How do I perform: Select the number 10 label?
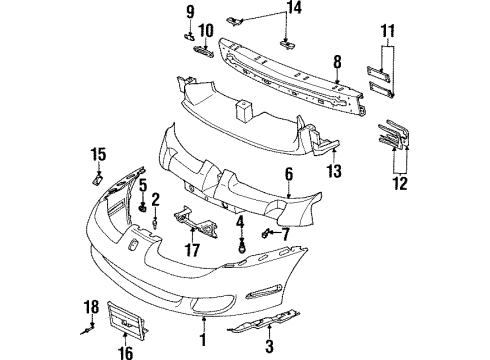click(x=205, y=29)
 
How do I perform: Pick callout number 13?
click(x=334, y=171)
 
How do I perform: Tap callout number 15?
click(x=97, y=153)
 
